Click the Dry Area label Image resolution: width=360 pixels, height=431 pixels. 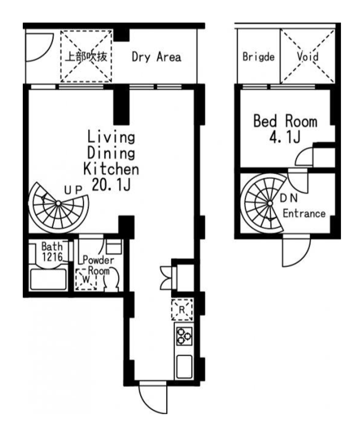(156, 57)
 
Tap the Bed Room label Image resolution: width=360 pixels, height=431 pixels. (285, 121)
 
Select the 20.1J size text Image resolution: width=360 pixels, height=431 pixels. (111, 184)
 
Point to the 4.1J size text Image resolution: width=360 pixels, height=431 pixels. (285, 136)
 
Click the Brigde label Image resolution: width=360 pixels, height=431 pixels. (258, 57)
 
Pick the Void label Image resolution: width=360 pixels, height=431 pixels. (307, 57)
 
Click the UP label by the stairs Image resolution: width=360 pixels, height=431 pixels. (74, 190)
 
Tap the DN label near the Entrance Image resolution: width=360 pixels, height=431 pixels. (289, 198)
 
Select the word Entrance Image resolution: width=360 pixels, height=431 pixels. (304, 213)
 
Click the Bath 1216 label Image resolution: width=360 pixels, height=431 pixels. (52, 252)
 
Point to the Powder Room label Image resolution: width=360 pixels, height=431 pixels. (98, 265)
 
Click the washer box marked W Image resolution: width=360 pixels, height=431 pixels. (86, 279)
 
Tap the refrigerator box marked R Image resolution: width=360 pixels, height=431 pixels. (182, 310)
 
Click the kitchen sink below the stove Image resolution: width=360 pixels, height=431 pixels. (184, 367)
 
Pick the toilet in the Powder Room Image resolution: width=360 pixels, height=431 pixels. (111, 279)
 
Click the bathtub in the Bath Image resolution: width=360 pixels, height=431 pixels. (48, 279)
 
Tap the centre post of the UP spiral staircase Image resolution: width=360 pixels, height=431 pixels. (58, 203)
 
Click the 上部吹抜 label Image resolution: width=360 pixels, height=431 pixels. (86, 57)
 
